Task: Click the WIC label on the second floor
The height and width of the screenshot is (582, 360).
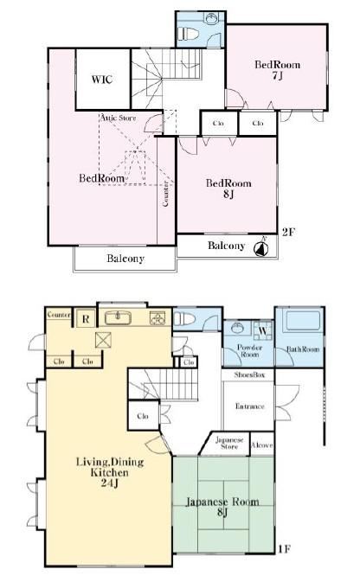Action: pos(102,80)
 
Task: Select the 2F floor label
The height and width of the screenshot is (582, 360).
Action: pos(288,233)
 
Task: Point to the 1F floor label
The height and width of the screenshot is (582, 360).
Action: pos(284,548)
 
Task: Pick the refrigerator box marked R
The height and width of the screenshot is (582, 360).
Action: pos(86,319)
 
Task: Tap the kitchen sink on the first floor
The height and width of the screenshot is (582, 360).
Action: pos(118,317)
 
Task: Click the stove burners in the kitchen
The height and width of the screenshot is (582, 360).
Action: pos(157,318)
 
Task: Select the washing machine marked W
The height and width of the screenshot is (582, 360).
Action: pos(263,330)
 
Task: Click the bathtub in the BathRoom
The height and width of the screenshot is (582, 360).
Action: pos(302,321)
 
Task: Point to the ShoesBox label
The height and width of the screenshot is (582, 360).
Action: pos(249,375)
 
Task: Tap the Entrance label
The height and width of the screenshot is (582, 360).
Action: pos(250,406)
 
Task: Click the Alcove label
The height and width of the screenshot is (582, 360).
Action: pos(262,444)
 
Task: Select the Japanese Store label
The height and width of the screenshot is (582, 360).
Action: pos(229,443)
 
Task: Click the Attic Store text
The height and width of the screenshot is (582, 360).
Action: pos(119,118)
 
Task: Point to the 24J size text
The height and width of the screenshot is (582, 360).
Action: pos(110,483)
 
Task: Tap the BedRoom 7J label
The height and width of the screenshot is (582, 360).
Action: pos(277,70)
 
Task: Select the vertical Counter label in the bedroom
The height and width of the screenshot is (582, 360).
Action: pos(165,194)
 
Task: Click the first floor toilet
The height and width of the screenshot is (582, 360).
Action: pos(183,318)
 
